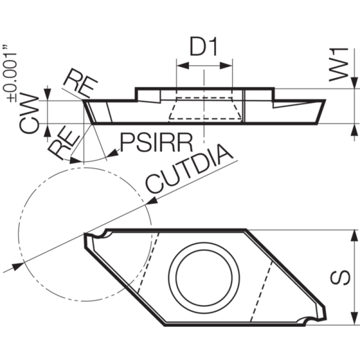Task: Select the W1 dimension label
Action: [x=339, y=65]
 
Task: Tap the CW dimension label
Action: [x=29, y=113]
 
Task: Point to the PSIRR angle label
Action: [x=157, y=143]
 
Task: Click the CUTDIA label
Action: [x=189, y=169]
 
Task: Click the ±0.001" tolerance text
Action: [x=9, y=73]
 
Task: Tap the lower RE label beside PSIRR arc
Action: [x=63, y=145]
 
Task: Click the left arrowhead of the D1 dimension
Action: [x=183, y=66]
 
